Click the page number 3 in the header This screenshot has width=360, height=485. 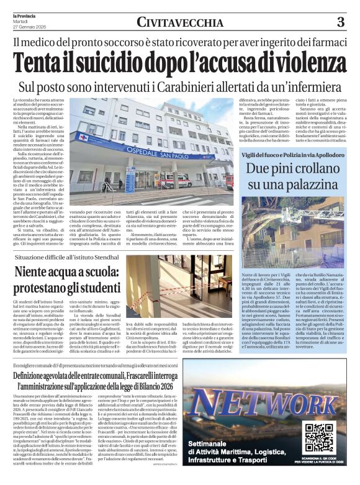341,22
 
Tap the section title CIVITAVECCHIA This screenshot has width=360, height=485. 180,23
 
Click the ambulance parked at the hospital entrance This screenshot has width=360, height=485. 181,181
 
